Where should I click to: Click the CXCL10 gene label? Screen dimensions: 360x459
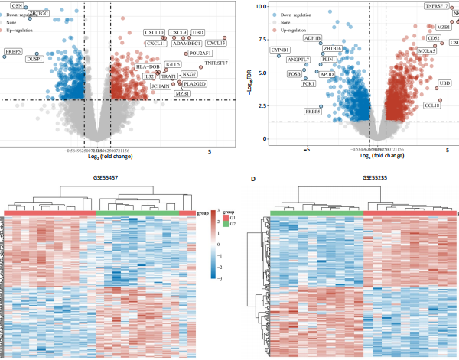[x=155, y=33]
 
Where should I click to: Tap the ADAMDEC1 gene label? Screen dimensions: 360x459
[x=186, y=44]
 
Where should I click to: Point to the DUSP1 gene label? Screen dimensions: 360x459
[x=35, y=59]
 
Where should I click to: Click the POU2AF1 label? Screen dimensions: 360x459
[x=202, y=54]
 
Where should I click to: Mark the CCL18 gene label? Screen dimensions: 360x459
[x=432, y=105]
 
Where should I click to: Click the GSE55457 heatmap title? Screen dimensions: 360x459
[x=101, y=177]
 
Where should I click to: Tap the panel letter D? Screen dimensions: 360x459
[x=256, y=180]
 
